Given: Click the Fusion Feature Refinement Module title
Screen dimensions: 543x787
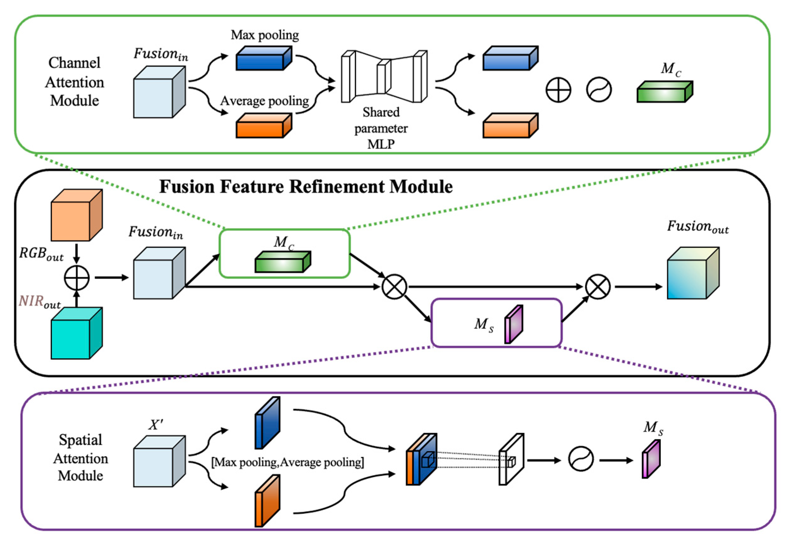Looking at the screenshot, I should (x=306, y=187).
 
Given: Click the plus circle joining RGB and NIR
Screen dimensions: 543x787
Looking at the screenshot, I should (x=77, y=278).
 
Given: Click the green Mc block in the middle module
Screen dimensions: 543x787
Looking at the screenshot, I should (x=283, y=262).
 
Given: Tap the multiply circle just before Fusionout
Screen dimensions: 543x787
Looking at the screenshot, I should (x=597, y=287).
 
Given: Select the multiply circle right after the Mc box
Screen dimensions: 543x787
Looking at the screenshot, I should (x=394, y=287).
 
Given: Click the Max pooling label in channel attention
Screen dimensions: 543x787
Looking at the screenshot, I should (x=265, y=35).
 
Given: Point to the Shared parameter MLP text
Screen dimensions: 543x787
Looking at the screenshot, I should (x=381, y=128).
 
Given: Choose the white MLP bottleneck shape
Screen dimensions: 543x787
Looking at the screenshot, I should (x=384, y=77).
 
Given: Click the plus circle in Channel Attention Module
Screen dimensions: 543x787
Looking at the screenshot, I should (x=558, y=90).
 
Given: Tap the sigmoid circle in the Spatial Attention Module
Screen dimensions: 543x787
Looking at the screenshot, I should (x=581, y=459).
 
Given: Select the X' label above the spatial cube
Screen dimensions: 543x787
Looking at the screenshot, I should (x=156, y=425).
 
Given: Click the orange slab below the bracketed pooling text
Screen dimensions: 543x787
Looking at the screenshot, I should (x=267, y=501).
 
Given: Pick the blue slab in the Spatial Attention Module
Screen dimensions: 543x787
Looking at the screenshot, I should (x=267, y=423).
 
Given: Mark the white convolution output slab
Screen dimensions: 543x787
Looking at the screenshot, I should (x=511, y=459).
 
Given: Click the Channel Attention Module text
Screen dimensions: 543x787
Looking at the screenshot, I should (x=74, y=82).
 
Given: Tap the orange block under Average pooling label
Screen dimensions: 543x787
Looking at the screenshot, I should (x=264, y=126).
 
